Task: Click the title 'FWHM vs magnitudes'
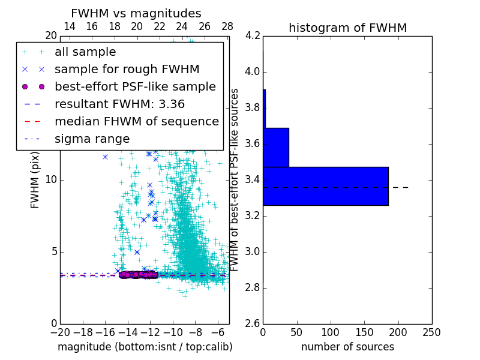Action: coord(136,13)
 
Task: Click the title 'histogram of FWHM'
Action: coord(347,28)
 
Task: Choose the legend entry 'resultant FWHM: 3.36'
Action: coord(119,104)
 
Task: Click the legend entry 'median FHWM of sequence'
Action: coord(136,121)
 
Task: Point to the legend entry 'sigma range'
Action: coord(92,139)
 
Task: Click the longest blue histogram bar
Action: coord(325,186)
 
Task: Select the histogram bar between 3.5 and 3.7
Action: coord(276,147)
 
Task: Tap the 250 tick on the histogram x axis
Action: coord(431,332)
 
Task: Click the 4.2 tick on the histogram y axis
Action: coord(253,36)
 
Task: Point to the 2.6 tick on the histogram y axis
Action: coord(253,323)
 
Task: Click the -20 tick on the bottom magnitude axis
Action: coord(60,332)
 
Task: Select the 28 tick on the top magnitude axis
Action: coord(227,27)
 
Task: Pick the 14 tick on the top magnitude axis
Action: coord(69,27)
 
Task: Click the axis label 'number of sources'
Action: coord(347,347)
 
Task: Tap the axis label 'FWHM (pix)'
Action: coord(35,180)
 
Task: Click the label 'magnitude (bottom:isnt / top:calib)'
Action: coord(145,347)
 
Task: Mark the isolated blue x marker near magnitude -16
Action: coord(105,157)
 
